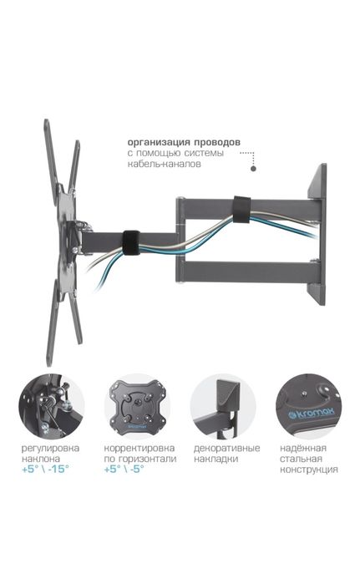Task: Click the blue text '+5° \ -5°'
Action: [126, 470]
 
